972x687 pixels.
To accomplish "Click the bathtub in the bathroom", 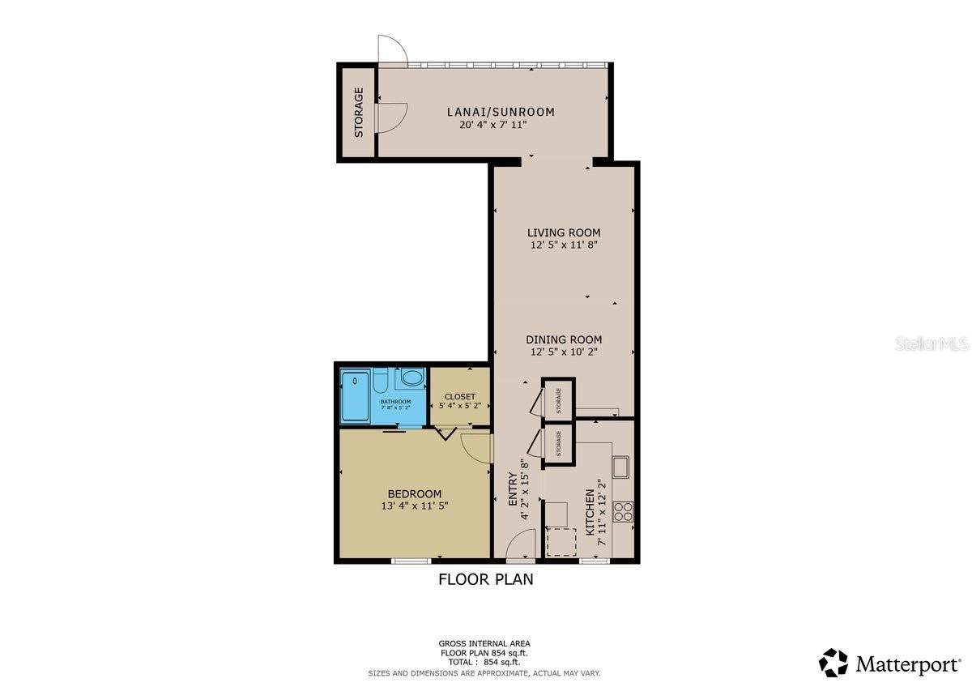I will (x=355, y=396).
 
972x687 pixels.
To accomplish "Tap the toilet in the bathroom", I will (x=383, y=379).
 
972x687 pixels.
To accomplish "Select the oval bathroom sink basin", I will (x=411, y=378).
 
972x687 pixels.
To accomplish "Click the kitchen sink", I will (x=621, y=467).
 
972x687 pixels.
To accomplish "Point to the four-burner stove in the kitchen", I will (x=624, y=511).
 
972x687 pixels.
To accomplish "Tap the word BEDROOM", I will (x=414, y=494).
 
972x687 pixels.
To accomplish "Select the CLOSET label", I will (x=460, y=397).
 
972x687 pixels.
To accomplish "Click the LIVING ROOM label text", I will (x=564, y=233).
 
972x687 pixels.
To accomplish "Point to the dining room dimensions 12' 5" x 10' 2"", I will (x=564, y=352).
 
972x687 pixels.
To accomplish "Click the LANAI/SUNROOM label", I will (x=501, y=112).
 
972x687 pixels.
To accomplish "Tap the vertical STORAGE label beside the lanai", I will (x=358, y=112).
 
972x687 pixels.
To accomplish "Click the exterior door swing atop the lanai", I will (x=392, y=49).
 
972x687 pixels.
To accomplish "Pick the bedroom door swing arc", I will (x=475, y=449).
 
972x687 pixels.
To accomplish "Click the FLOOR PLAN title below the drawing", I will (x=485, y=579).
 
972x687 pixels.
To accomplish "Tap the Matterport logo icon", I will (x=833, y=662).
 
